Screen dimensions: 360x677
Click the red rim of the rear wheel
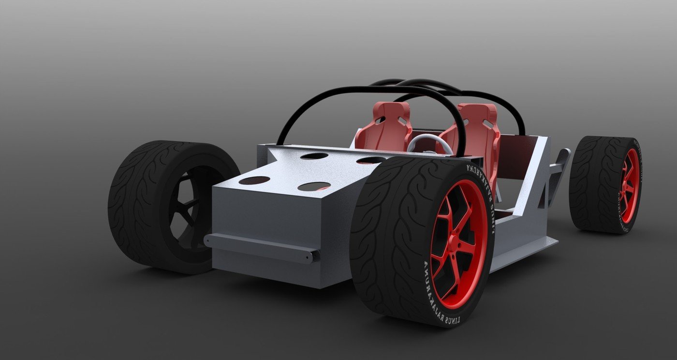[629, 186]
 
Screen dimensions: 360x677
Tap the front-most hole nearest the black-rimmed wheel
[254, 180]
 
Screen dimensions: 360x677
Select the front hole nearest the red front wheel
[314, 186]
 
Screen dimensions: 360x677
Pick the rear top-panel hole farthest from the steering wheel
[314, 156]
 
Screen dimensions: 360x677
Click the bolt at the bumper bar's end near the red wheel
[315, 255]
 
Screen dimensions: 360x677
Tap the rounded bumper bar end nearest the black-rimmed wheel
[208, 240]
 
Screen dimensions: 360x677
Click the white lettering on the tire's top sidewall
[481, 194]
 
